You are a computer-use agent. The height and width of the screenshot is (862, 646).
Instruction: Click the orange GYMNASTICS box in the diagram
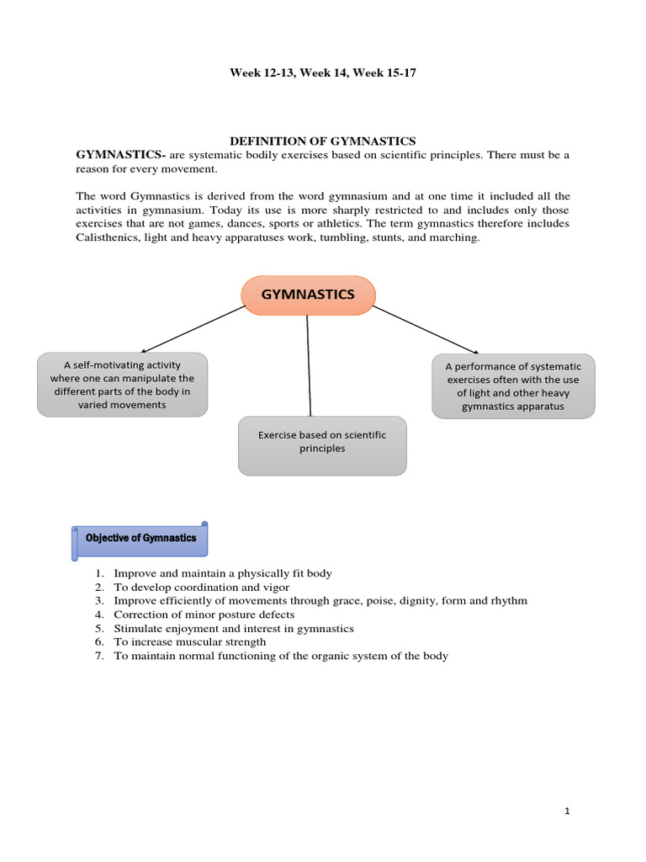[x=308, y=295]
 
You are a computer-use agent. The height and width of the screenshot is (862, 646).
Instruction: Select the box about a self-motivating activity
[x=122, y=385]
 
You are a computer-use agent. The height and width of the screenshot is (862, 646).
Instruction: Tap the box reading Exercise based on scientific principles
[x=322, y=445]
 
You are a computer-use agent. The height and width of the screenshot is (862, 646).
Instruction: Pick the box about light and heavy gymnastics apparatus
[x=513, y=386]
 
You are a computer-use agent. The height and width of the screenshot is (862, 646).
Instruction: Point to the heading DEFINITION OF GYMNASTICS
[x=323, y=141]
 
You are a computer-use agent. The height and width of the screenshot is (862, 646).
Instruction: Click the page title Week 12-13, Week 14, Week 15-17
[x=323, y=73]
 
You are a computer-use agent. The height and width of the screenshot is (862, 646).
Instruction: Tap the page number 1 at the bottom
[x=568, y=811]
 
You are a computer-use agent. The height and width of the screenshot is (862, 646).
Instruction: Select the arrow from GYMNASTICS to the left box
[x=193, y=329]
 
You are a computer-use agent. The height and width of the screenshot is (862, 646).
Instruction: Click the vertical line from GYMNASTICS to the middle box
[x=309, y=366]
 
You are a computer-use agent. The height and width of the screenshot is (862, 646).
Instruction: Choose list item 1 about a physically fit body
[x=223, y=573]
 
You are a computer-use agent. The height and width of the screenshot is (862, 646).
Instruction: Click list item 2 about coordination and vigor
[x=201, y=587]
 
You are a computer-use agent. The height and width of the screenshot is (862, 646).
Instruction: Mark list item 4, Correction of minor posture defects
[x=204, y=615]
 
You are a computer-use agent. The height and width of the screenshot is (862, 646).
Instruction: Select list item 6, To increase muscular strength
[x=189, y=642]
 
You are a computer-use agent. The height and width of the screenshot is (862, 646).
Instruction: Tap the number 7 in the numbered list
[x=98, y=656]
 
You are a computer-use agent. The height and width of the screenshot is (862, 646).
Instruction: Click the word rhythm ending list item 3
[x=509, y=601]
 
